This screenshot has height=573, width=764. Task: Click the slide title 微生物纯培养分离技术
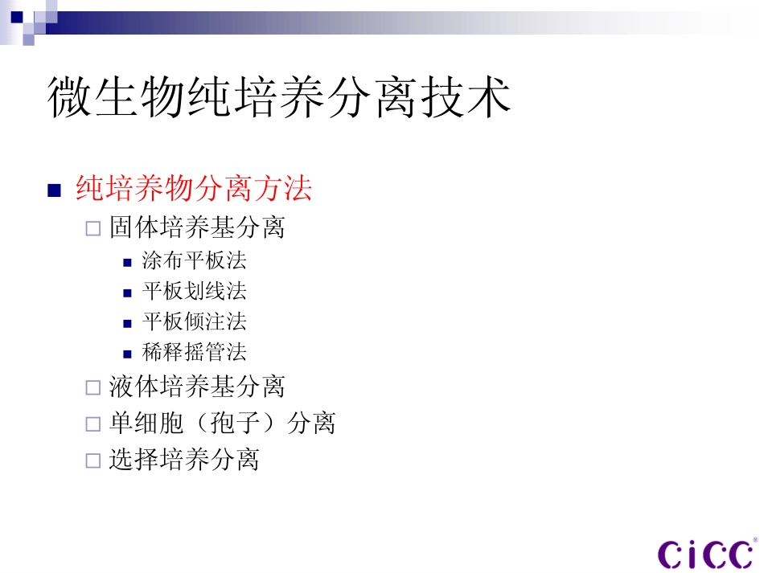pyautogui.click(x=279, y=99)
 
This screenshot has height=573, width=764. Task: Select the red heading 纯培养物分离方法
pyautogui.click(x=193, y=190)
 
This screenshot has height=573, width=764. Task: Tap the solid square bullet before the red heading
pyautogui.click(x=55, y=191)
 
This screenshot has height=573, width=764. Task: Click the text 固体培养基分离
pyautogui.click(x=197, y=227)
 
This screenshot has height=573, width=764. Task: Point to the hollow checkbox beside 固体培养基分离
pyautogui.click(x=93, y=229)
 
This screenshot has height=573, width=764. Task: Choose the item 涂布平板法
pyautogui.click(x=194, y=260)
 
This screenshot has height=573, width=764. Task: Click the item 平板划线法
pyautogui.click(x=194, y=291)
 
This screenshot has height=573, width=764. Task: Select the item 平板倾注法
pyautogui.click(x=194, y=321)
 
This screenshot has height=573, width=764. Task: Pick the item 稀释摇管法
pyautogui.click(x=194, y=352)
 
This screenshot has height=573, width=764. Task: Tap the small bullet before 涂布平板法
pyautogui.click(x=127, y=262)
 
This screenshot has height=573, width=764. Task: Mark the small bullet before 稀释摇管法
pyautogui.click(x=127, y=354)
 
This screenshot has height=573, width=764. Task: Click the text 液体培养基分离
pyautogui.click(x=197, y=387)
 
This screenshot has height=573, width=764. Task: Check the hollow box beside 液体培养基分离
pyautogui.click(x=93, y=388)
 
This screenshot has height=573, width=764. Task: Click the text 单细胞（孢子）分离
pyautogui.click(x=222, y=423)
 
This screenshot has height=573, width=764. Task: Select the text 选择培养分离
pyautogui.click(x=184, y=460)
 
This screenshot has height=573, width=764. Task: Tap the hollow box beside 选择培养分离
pyautogui.click(x=93, y=461)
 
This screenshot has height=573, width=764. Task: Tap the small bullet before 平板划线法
pyautogui.click(x=127, y=293)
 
